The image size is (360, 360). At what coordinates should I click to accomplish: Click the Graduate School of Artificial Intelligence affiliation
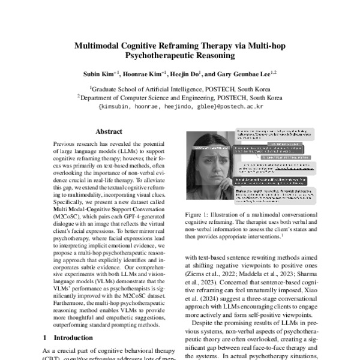(179, 87)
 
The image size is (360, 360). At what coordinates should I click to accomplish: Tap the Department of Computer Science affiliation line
(179, 95)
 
